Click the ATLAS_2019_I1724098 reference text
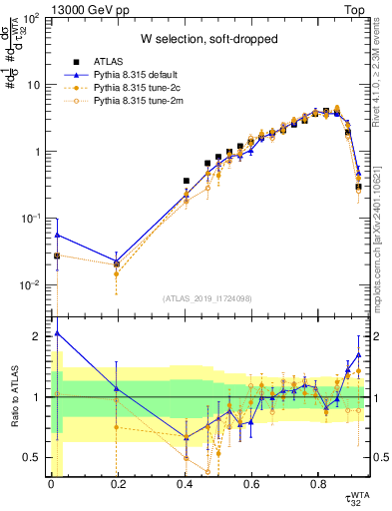[x=206, y=298]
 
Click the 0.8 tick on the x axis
[x=318, y=487]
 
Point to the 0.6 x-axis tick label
[x=251, y=487]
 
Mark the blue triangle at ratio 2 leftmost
[x=57, y=333]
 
